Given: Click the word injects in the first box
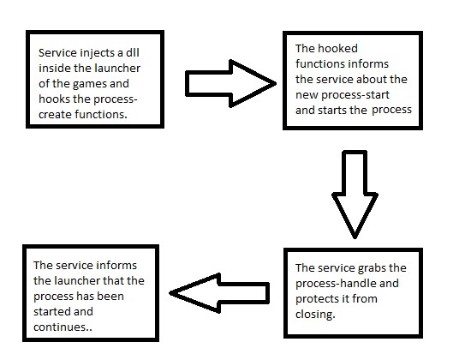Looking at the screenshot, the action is pyautogui.click(x=98, y=53).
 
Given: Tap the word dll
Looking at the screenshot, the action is pyautogui.click(x=132, y=52).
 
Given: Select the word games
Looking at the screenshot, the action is pyautogui.click(x=90, y=84).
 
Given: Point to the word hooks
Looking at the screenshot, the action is pyautogui.click(x=54, y=99).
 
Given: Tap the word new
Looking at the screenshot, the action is pyautogui.click(x=307, y=95).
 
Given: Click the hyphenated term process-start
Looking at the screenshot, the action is pyautogui.click(x=355, y=95).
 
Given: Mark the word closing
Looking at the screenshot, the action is pyautogui.click(x=315, y=315).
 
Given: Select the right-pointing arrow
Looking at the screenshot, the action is pyautogui.click(x=230, y=83).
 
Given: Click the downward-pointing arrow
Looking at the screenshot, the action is pyautogui.click(x=355, y=194).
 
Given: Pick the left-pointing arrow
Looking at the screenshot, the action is pyautogui.click(x=219, y=293).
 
